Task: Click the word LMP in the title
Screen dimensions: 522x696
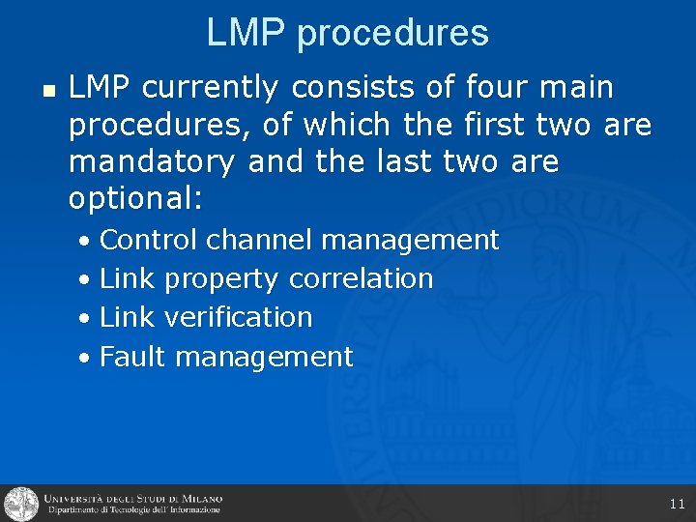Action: click(x=246, y=33)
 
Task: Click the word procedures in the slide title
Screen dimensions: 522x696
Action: click(x=392, y=35)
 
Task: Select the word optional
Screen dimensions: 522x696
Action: click(x=134, y=199)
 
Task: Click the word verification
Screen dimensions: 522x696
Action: click(x=239, y=317)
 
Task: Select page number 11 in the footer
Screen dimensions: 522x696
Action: click(x=677, y=504)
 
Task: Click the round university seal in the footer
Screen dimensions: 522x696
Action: click(x=20, y=504)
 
